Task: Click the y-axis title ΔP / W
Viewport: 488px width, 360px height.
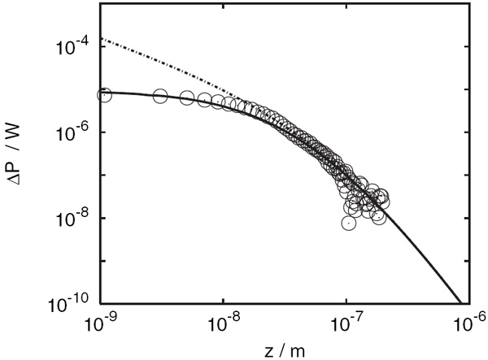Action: (24, 154)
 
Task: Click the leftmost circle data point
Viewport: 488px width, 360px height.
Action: (104, 94)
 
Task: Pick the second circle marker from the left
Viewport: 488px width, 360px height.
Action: (159, 97)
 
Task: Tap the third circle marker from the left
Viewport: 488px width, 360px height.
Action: (187, 98)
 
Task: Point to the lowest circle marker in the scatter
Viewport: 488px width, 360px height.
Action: (348, 222)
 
